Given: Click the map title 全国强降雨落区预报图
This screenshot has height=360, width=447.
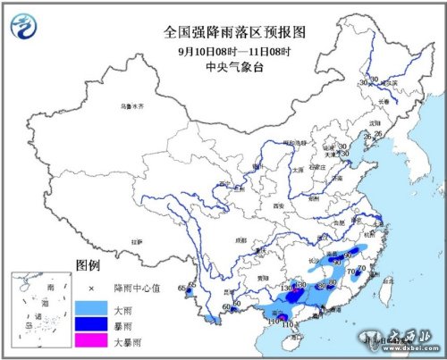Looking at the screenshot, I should click(x=223, y=31).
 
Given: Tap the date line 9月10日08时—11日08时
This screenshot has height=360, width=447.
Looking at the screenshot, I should click(x=223, y=48).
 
